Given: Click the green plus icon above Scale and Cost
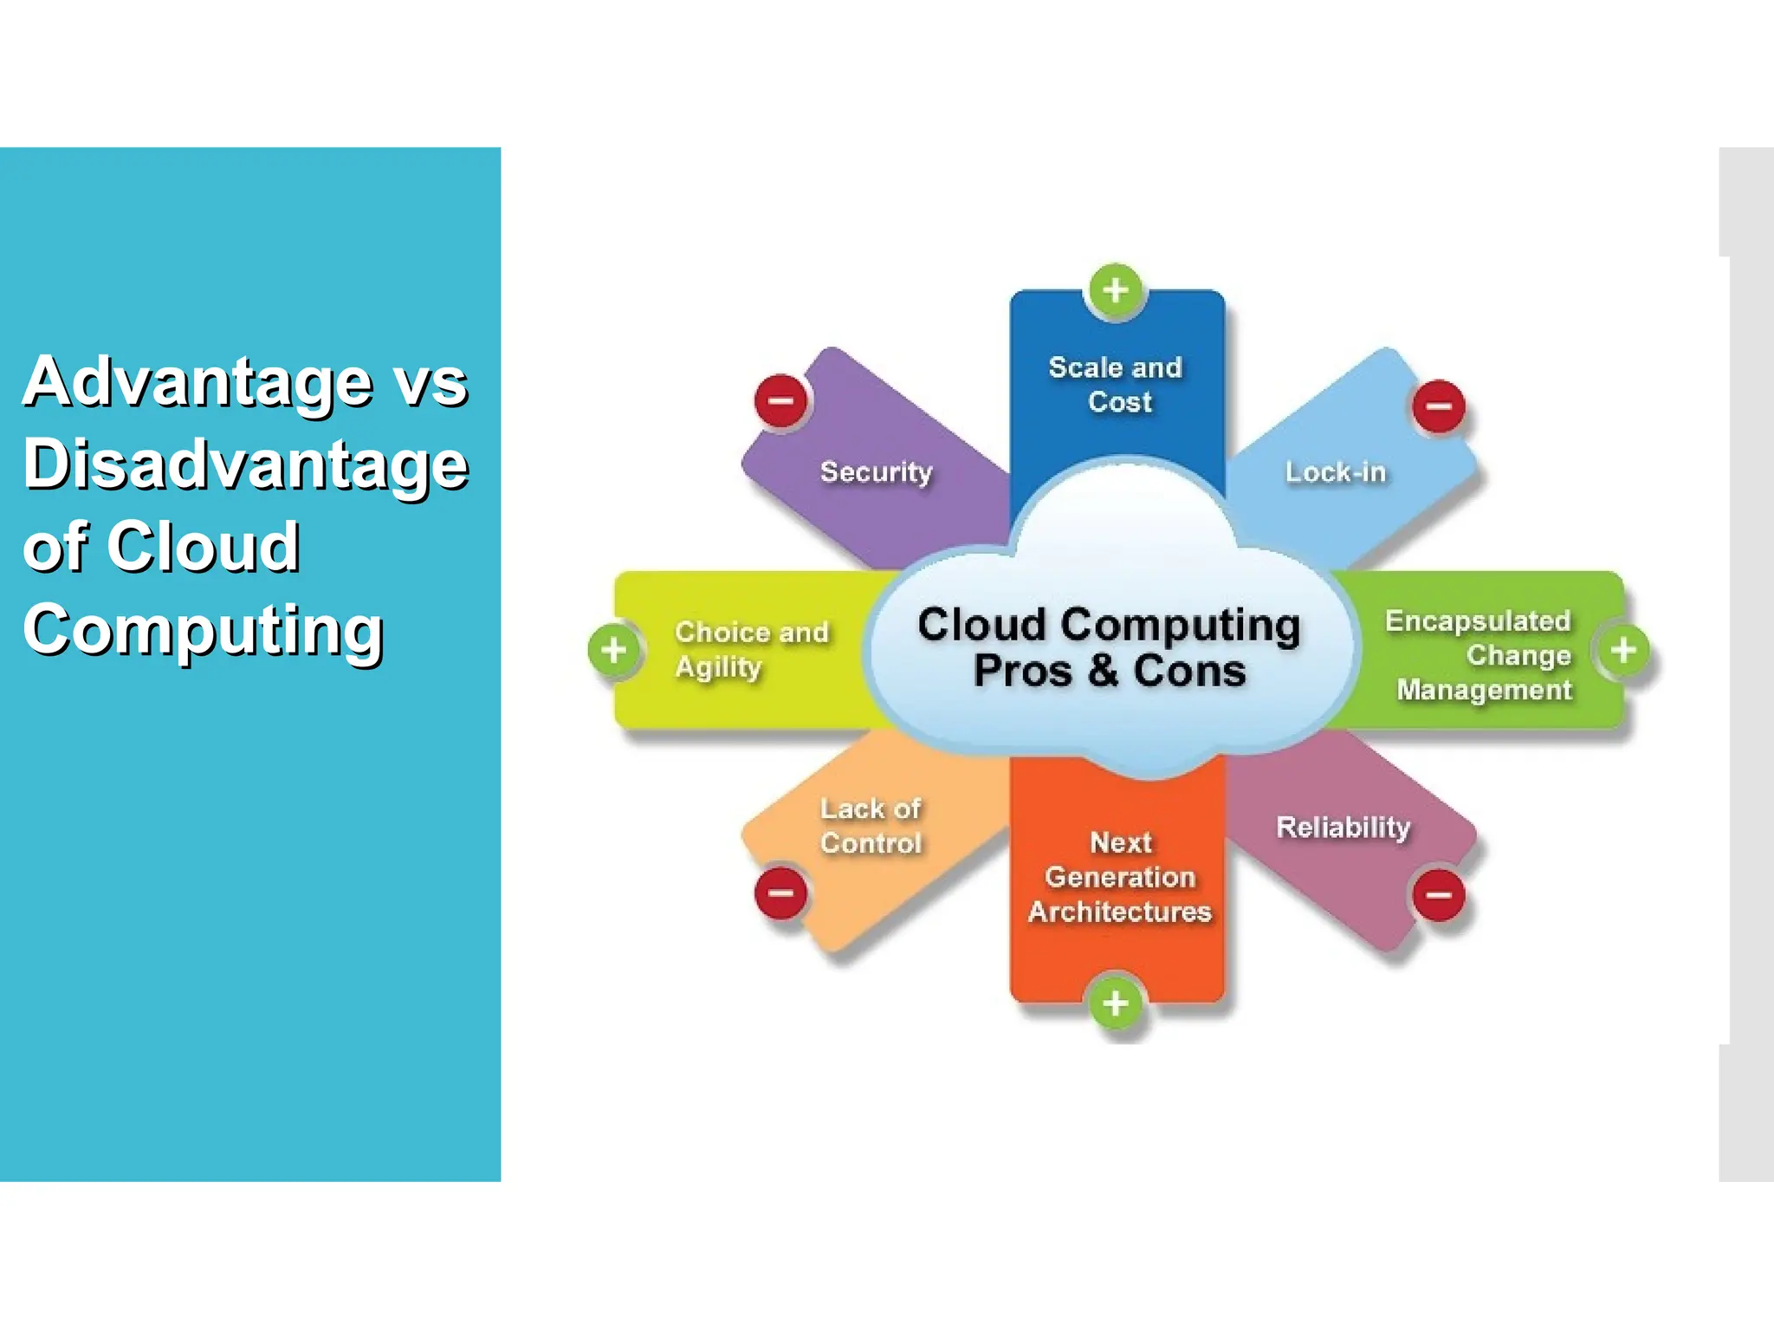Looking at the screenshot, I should pos(1116,289).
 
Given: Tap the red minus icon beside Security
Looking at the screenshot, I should pos(780,400).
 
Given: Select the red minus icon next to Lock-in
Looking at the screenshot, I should pos(1439,406).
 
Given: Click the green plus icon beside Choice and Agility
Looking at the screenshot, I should pos(614,649).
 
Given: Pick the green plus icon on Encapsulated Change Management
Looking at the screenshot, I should pos(1623,649).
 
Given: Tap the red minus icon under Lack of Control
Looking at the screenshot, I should pos(780,893).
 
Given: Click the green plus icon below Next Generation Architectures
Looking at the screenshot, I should pos(1116,1003).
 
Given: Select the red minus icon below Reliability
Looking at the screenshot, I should pos(1439,894).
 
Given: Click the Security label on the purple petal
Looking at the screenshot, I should pos(876,472).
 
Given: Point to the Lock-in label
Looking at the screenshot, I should pos(1335,472).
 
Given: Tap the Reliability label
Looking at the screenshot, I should pos(1343,828).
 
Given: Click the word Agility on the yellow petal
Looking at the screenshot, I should pos(718,667).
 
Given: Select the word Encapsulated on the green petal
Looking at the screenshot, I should pos(1477,620).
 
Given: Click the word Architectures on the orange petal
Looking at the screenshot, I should pos(1119,912).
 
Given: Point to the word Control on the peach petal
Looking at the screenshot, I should pos(871,843).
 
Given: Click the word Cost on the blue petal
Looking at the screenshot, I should pos(1119,402).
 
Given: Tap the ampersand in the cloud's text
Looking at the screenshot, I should pos(1103,671).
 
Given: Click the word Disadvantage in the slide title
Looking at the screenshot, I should pos(245,464).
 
